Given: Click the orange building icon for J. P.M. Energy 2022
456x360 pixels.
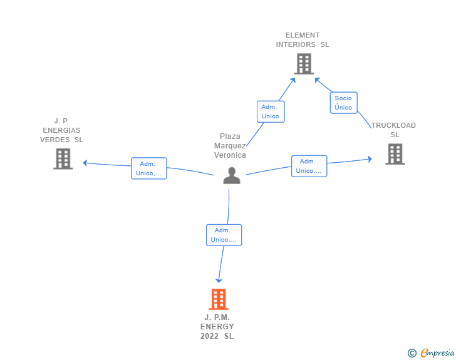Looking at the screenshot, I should click(218, 300).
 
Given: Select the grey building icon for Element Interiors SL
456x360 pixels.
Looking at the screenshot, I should click(303, 64).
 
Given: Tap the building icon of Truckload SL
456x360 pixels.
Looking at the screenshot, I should click(395, 154).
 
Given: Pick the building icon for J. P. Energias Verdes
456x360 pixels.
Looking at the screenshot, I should click(63, 159).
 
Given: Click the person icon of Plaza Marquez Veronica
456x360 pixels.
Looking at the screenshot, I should click(232, 176).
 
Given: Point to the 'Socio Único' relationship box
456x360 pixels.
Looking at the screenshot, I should click(343, 103).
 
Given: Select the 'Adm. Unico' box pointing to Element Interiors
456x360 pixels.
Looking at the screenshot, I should click(271, 111).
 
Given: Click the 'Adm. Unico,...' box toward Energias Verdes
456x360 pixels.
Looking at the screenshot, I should click(149, 168).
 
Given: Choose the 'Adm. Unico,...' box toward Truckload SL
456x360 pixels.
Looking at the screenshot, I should click(309, 166).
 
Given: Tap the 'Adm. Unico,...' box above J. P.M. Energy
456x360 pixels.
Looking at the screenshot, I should click(224, 235).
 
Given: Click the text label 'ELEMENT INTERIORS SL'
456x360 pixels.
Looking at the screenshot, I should click(303, 40).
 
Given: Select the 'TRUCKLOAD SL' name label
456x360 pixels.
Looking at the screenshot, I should click(394, 130).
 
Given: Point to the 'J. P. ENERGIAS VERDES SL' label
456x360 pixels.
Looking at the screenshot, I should click(61, 130).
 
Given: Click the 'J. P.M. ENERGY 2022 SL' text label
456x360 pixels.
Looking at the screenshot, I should click(217, 327).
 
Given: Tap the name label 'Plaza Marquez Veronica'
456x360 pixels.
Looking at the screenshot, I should click(230, 146).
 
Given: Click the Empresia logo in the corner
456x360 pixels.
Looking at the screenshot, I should click(437, 353).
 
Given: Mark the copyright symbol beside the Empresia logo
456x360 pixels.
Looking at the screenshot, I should click(412, 353).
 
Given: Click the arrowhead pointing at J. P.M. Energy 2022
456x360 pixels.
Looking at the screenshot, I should click(219, 280).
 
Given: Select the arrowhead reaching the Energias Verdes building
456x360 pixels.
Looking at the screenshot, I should click(86, 163).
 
